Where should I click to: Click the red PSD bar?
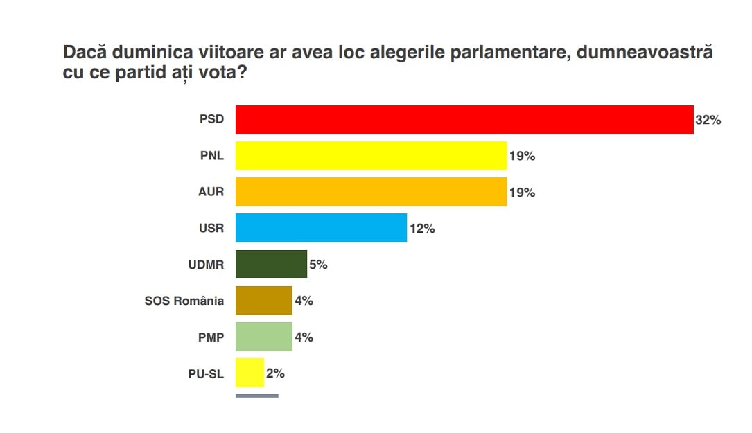(464, 120)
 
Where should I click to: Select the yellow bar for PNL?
(371, 156)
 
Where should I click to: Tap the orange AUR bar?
(371, 192)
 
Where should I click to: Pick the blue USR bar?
(321, 228)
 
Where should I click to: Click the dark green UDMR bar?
(271, 264)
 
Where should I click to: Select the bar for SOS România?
(263, 300)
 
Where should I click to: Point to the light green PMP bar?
(263, 337)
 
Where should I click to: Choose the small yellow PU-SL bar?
(250, 373)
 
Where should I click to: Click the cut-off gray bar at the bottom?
(256, 396)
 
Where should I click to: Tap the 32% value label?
(708, 121)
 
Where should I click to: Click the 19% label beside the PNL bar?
(522, 157)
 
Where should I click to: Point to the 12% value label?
(422, 229)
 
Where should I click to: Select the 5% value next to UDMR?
(318, 265)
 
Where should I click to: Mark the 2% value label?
(275, 373)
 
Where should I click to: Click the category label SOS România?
(184, 301)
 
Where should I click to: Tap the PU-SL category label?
(207, 373)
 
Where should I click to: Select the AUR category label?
(211, 192)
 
